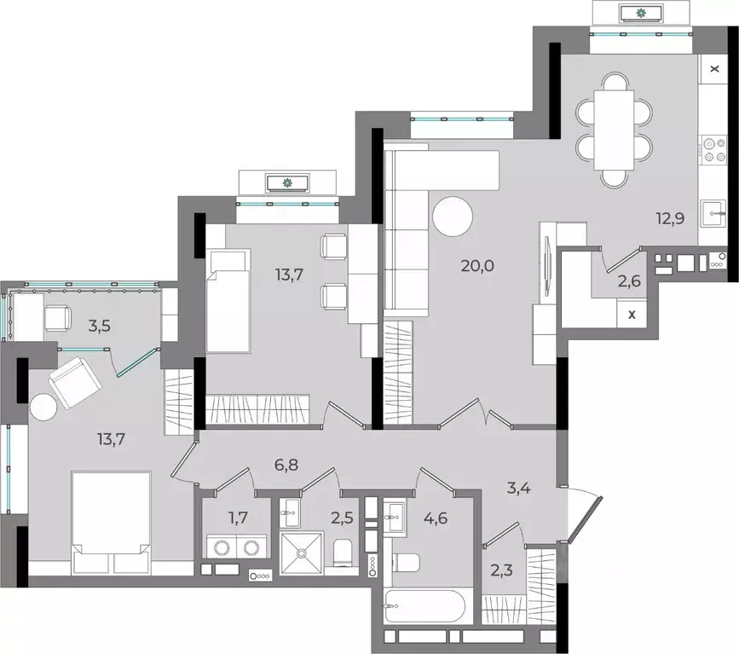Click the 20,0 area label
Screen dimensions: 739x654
click(x=477, y=266)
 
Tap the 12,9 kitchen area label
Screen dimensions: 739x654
click(x=670, y=219)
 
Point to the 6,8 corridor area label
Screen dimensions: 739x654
click(x=286, y=465)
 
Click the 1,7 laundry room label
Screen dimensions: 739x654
click(x=238, y=518)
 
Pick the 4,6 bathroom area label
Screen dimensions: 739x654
click(x=436, y=518)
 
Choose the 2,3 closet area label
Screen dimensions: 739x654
click(x=501, y=571)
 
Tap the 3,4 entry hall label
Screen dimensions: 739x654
click(x=519, y=488)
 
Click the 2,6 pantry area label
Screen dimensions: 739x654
click(x=629, y=281)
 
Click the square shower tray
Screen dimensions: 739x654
click(x=302, y=553)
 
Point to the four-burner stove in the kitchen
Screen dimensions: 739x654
click(x=714, y=150)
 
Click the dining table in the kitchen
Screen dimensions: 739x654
click(x=614, y=130)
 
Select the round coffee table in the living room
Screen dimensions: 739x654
click(x=453, y=217)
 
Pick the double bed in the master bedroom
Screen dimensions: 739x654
click(x=111, y=523)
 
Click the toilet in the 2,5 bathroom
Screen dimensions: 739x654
click(x=344, y=552)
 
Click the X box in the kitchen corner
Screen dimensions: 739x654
click(x=714, y=69)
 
